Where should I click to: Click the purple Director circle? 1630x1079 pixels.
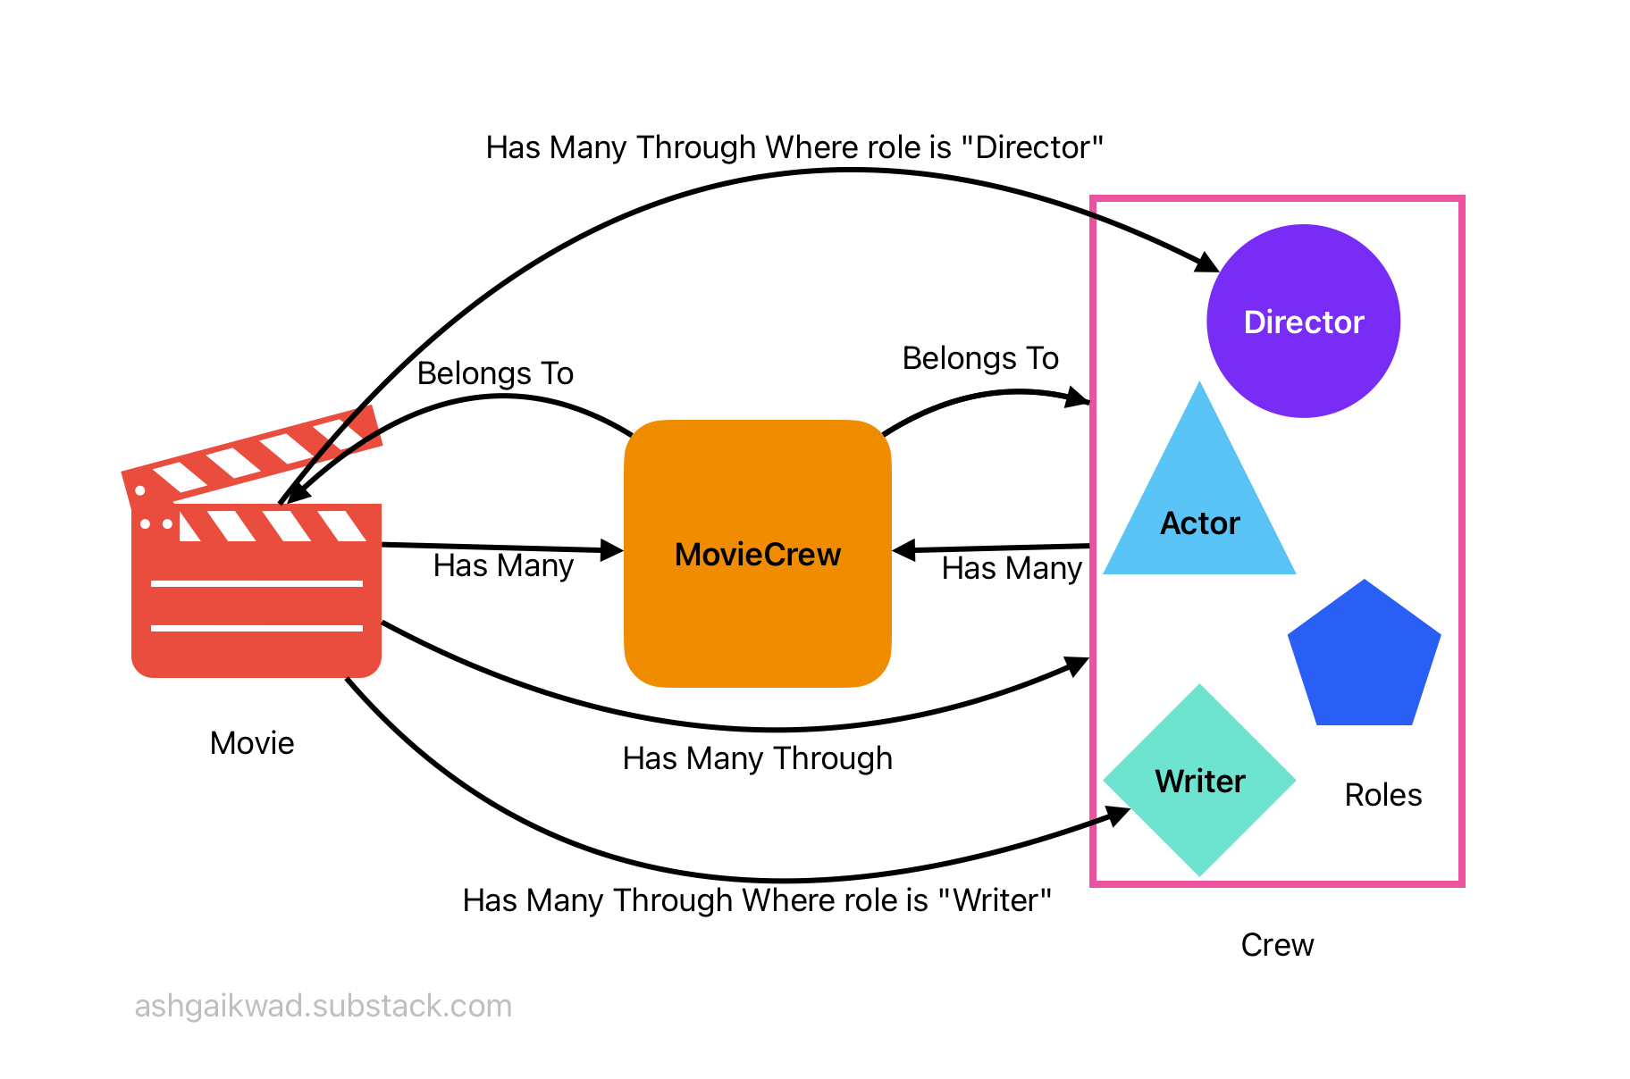[x=1303, y=322]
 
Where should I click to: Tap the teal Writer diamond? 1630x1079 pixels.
[x=1199, y=781]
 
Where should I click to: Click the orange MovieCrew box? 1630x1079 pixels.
[x=757, y=554]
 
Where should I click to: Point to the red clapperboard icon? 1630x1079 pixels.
[x=256, y=572]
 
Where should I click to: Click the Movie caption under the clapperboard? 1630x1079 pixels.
[x=252, y=743]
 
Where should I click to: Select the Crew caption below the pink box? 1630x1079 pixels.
[x=1277, y=945]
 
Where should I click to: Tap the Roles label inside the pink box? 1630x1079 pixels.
[x=1382, y=795]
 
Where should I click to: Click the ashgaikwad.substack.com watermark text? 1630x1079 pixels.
[x=323, y=1006]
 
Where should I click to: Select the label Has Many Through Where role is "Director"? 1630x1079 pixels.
[x=794, y=147]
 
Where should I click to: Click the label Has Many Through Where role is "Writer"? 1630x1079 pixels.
[x=757, y=900]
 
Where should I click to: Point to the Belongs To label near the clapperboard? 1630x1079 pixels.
[x=495, y=373]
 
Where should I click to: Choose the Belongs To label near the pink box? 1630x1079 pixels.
[x=980, y=358]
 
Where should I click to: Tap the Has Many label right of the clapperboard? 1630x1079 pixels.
[x=503, y=565]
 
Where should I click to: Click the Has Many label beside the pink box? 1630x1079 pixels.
[x=1012, y=568]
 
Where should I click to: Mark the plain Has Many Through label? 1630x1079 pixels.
[x=757, y=758]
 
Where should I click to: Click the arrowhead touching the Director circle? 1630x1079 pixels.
[x=1208, y=263]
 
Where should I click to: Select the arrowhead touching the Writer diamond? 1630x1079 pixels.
[x=1118, y=815]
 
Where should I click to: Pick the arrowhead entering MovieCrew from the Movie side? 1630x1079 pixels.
[x=611, y=550]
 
